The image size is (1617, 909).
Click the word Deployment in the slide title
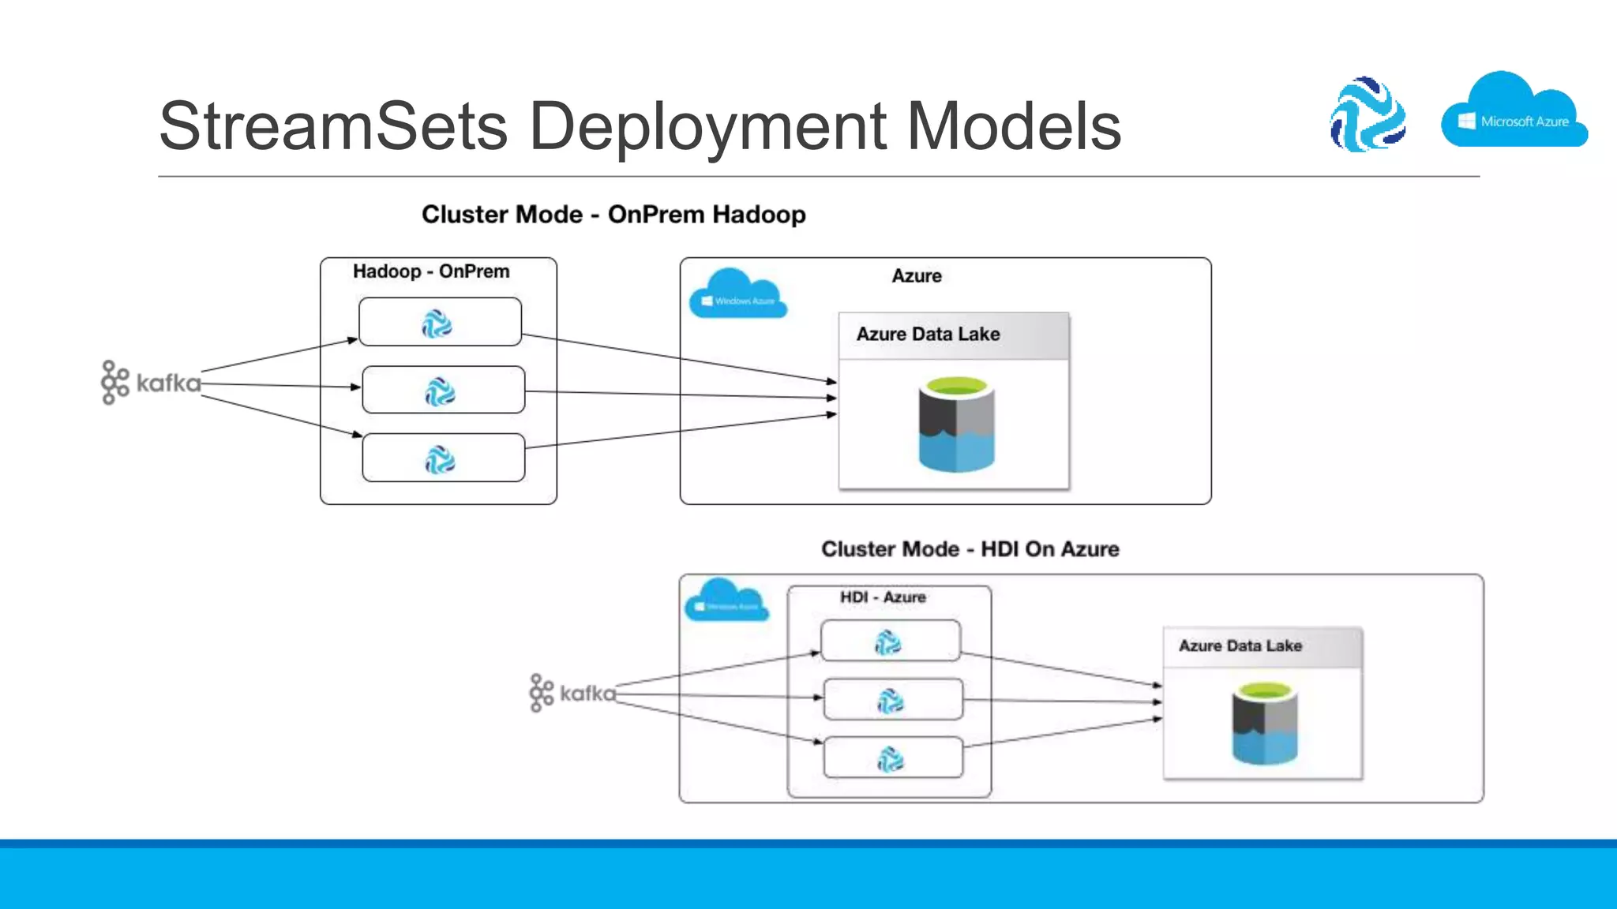(x=707, y=126)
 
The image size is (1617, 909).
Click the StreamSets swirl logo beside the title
(x=1368, y=114)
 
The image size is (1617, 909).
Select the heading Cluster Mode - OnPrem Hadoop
(x=613, y=215)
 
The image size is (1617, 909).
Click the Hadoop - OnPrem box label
(x=431, y=271)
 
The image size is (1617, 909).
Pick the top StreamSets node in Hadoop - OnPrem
(x=440, y=322)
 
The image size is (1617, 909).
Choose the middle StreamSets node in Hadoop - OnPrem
(x=443, y=390)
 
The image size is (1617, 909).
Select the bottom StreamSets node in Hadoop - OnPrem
(x=443, y=458)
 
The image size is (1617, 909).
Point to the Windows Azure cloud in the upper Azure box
(x=737, y=294)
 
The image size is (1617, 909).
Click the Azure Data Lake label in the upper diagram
(x=928, y=335)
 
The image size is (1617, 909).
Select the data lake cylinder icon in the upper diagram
(x=956, y=425)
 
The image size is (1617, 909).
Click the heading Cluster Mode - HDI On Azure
(x=970, y=549)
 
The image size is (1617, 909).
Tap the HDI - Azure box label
(x=882, y=597)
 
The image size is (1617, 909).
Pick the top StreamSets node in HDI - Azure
(x=890, y=641)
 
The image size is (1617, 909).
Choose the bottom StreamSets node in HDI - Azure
(x=892, y=758)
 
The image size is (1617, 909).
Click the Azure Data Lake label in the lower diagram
(x=1240, y=646)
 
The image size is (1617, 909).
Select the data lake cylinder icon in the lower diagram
(x=1265, y=724)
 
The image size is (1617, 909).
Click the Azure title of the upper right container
(x=917, y=276)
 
